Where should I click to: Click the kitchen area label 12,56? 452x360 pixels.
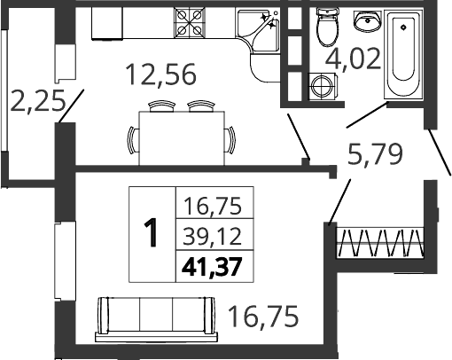click(x=160, y=74)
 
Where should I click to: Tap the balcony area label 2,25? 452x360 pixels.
click(x=37, y=101)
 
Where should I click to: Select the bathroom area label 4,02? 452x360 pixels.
click(x=353, y=59)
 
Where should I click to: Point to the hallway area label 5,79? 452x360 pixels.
click(x=375, y=153)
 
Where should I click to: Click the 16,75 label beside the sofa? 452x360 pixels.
click(x=263, y=317)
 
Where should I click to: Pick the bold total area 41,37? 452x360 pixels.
click(x=213, y=267)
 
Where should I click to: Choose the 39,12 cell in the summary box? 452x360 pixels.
click(x=213, y=237)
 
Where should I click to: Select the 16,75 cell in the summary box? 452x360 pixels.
click(x=213, y=206)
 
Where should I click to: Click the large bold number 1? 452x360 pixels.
click(x=152, y=232)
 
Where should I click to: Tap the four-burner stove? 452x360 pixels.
click(x=190, y=23)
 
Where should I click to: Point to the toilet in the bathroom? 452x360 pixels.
click(x=327, y=26)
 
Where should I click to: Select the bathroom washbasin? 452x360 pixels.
click(x=367, y=20)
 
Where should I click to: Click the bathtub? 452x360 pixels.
click(x=403, y=54)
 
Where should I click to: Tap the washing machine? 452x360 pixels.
click(x=323, y=86)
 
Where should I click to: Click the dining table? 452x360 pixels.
click(x=182, y=138)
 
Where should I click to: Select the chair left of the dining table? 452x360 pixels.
click(x=133, y=140)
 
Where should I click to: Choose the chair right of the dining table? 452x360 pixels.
click(x=230, y=140)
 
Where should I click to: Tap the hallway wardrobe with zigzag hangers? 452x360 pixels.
click(x=381, y=243)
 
